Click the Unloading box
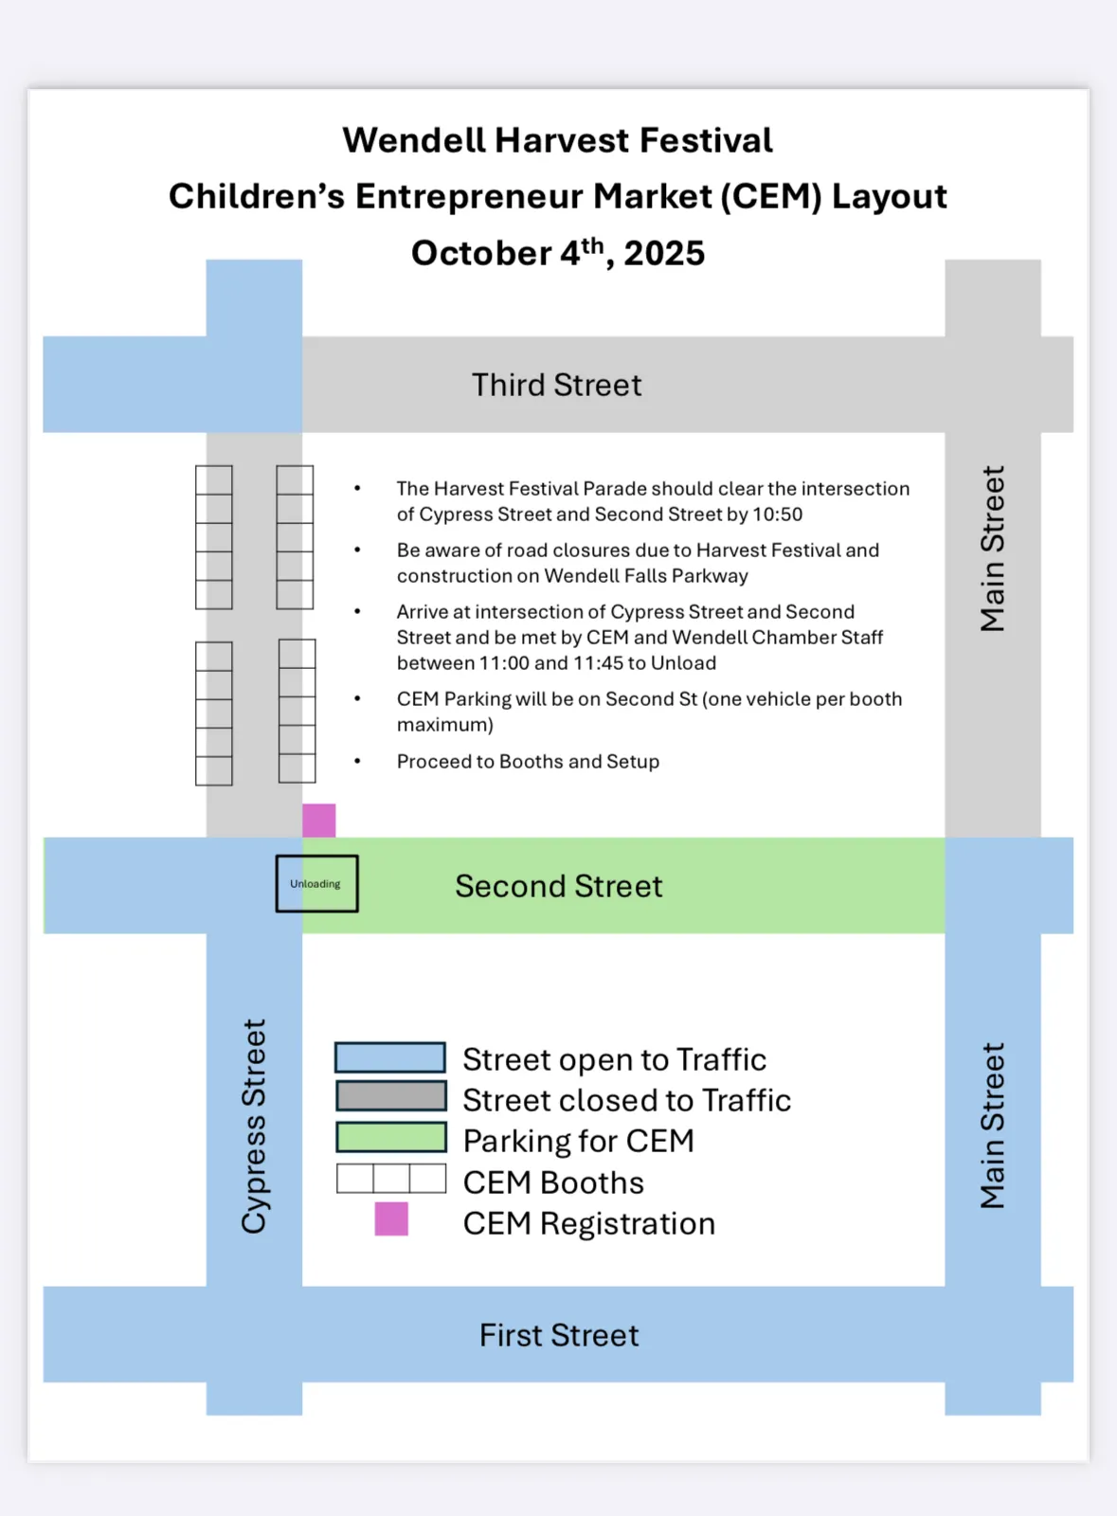click(316, 884)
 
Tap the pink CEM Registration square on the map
click(319, 821)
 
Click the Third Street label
click(557, 386)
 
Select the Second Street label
click(559, 887)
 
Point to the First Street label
click(559, 1336)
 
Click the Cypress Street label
click(254, 1127)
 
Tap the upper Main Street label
click(992, 549)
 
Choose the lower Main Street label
click(992, 1127)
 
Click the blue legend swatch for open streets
click(390, 1057)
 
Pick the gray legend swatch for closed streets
click(390, 1096)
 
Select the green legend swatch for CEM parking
click(390, 1137)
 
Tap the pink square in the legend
click(391, 1219)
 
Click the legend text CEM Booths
click(553, 1183)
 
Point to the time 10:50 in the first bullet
click(778, 514)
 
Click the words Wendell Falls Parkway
click(646, 576)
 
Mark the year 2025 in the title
click(664, 254)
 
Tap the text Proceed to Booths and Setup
click(528, 762)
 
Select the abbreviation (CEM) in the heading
click(771, 197)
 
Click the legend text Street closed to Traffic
click(626, 1101)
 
